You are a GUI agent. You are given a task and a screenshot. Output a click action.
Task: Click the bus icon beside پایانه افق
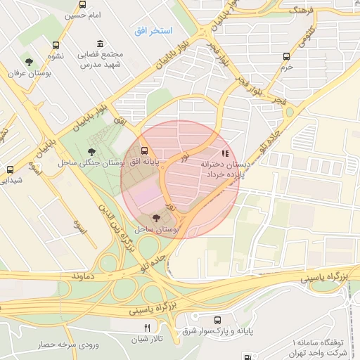click(x=145, y=150)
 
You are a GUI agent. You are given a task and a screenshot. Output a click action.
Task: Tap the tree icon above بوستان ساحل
click(x=155, y=219)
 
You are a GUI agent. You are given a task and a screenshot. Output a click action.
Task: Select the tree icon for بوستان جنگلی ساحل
click(x=92, y=151)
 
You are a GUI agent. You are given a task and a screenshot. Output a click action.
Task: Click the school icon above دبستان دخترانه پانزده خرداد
click(x=224, y=153)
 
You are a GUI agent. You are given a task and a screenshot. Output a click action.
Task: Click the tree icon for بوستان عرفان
click(x=29, y=63)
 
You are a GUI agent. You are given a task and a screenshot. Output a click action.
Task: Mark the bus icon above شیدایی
click(x=10, y=169)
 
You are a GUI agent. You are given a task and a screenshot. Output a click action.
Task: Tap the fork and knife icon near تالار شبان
click(x=147, y=328)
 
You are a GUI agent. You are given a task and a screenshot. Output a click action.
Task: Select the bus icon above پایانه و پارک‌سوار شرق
click(x=217, y=319)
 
